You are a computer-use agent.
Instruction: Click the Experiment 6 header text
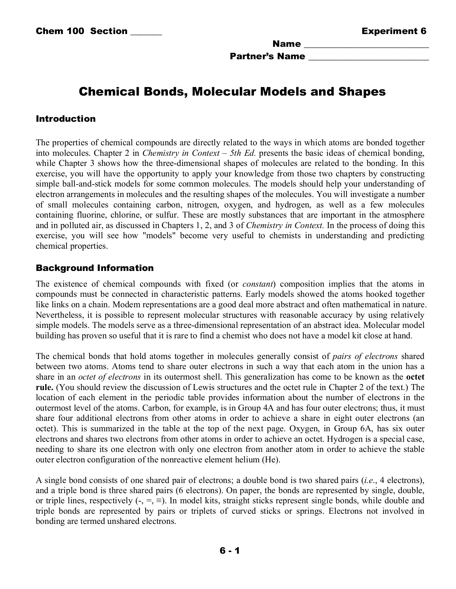(394, 31)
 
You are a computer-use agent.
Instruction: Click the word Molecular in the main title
(224, 91)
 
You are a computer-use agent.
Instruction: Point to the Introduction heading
(66, 118)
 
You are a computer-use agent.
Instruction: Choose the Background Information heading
(94, 268)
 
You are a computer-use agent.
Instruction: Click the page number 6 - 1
(230, 551)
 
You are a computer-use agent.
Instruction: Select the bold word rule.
(44, 387)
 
